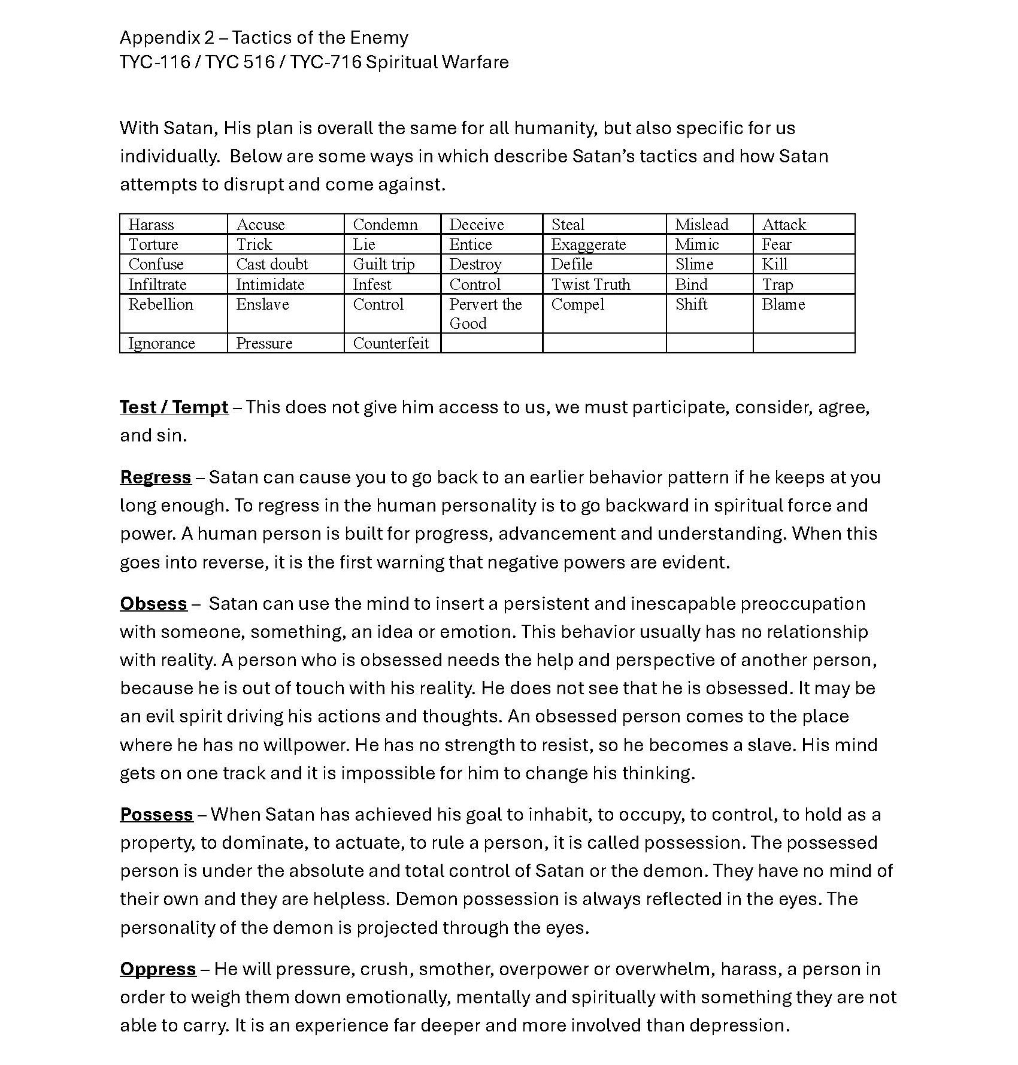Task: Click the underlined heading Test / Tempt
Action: (174, 407)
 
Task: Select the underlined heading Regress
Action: (156, 477)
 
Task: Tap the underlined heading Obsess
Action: (153, 604)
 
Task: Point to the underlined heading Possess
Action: (156, 815)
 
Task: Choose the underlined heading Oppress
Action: (158, 969)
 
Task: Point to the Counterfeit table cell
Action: (391, 343)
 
